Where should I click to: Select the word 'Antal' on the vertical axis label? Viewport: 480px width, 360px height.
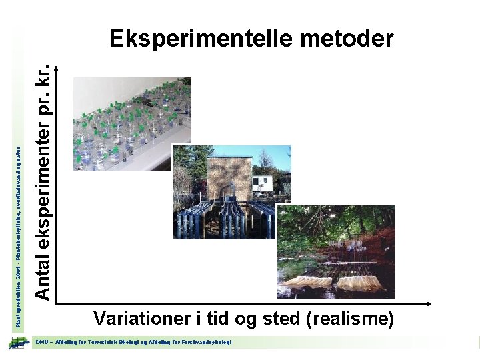pyautogui.click(x=43, y=262)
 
